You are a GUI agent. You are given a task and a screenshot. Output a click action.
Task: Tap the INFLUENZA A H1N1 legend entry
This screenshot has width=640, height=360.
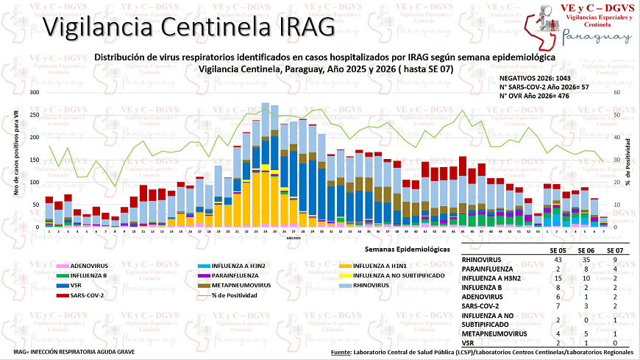point(383,265)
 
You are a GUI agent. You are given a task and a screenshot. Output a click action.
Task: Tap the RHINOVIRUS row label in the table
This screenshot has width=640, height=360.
point(483,260)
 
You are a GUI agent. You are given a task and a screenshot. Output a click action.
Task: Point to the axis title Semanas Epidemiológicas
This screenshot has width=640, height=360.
point(413,250)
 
